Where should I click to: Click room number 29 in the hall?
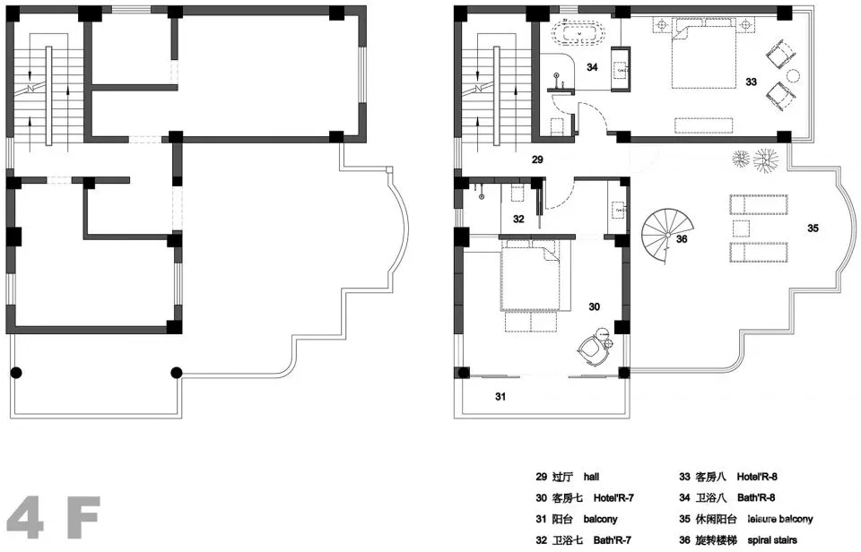(x=537, y=160)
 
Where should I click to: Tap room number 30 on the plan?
(x=594, y=306)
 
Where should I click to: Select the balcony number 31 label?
(x=500, y=396)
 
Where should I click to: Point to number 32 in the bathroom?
(x=518, y=219)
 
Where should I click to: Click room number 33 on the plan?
(x=752, y=82)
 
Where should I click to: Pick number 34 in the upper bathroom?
(x=592, y=67)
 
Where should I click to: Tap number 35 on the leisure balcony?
(x=813, y=228)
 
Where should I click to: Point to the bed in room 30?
(x=530, y=278)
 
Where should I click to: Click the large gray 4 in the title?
(x=26, y=517)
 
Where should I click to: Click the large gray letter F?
(x=83, y=517)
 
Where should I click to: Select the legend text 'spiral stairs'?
(x=772, y=540)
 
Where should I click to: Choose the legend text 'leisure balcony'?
(x=779, y=519)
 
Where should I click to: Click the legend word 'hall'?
(x=591, y=477)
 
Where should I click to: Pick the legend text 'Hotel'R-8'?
(x=757, y=477)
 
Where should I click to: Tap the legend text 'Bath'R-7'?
(x=613, y=540)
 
